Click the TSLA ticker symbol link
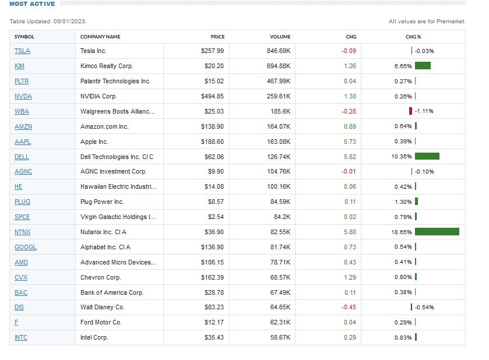pos(22,51)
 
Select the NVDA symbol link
pos(23,96)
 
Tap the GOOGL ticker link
pos(26,247)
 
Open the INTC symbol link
pos(21,337)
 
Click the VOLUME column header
pos(280,37)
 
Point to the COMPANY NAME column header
pos(100,37)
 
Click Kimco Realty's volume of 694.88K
pos(279,66)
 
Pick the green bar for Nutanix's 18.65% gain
pos(437,232)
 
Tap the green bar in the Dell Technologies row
pos(427,156)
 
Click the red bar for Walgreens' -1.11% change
pos(411,111)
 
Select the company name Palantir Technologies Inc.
pos(115,81)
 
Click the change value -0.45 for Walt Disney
pos(349,307)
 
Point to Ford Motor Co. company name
pos(101,322)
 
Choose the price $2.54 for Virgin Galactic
pos(215,217)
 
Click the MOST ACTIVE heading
pos(32,4)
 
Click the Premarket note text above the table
pos(427,22)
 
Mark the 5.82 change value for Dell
pos(350,157)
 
